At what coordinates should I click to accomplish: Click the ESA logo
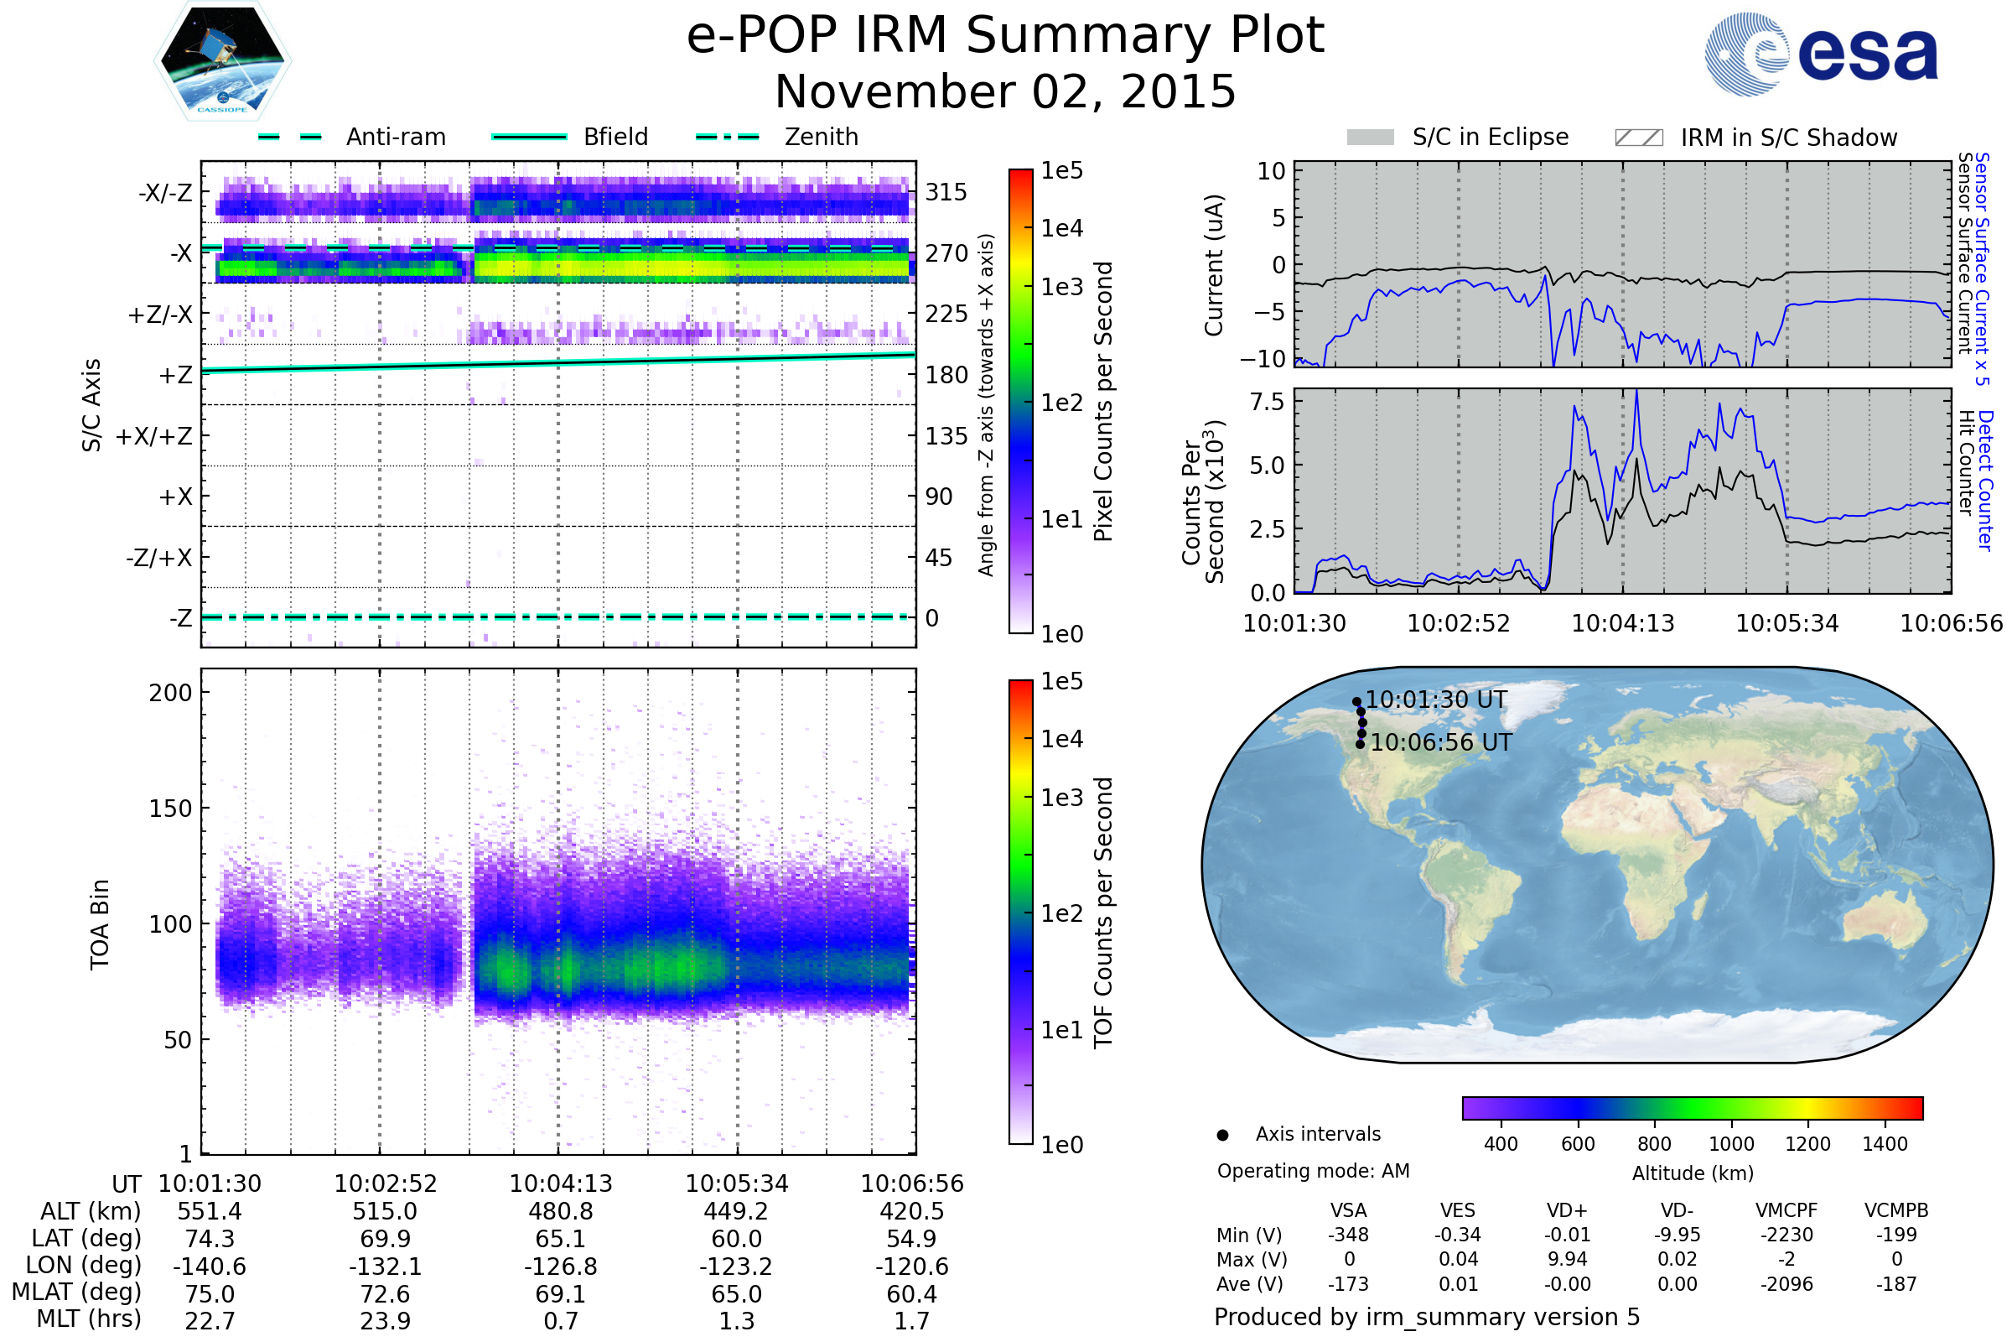tap(1821, 53)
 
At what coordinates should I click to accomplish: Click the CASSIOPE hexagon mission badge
tap(222, 60)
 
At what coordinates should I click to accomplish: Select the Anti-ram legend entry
tap(351, 137)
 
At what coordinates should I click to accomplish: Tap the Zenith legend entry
tap(777, 137)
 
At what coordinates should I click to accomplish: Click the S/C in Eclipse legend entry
tap(1458, 137)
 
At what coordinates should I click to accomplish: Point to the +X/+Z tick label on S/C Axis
tap(154, 436)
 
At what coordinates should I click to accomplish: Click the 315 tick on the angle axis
tap(946, 192)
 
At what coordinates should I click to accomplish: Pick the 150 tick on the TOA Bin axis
tap(170, 808)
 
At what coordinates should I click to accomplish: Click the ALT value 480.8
tap(560, 1211)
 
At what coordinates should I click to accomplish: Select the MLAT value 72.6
tap(385, 1294)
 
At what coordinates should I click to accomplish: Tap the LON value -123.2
tap(737, 1266)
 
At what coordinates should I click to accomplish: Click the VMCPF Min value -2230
tap(1786, 1235)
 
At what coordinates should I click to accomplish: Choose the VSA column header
tap(1348, 1210)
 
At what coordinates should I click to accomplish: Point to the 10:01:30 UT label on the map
tap(1436, 700)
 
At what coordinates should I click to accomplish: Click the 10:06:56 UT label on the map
tap(1441, 742)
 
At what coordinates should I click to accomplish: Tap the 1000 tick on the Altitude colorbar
tap(1731, 1144)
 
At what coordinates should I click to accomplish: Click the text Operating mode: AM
tap(1313, 1171)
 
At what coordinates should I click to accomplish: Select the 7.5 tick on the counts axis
tap(1267, 402)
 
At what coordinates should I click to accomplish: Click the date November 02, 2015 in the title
tap(1005, 91)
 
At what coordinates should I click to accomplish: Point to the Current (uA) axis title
tap(1214, 265)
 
